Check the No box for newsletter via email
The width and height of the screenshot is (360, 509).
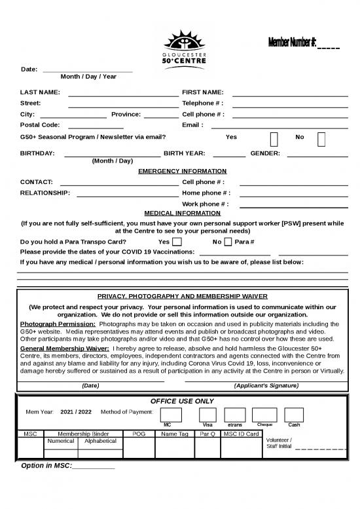click(x=321, y=138)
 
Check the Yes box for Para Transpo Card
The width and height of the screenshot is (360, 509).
click(x=177, y=242)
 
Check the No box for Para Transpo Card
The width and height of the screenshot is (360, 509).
click(x=228, y=242)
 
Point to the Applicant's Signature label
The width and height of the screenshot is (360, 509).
click(x=266, y=386)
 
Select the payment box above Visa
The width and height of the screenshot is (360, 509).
click(x=207, y=414)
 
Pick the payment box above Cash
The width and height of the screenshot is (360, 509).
click(x=294, y=414)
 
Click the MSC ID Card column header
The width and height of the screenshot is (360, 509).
click(x=241, y=434)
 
